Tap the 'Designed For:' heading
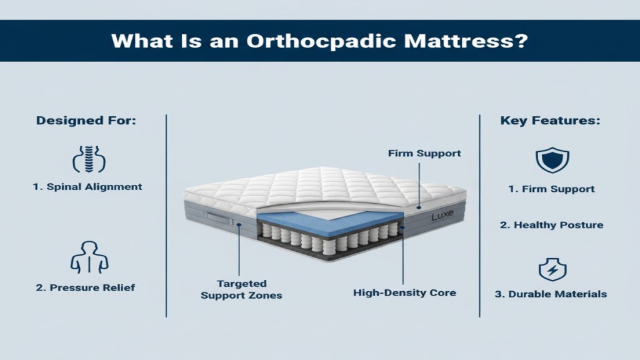(86, 121)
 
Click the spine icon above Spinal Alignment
(87, 159)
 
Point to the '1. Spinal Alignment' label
(87, 186)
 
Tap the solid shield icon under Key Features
(547, 160)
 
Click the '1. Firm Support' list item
(551, 189)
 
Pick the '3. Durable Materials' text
(551, 294)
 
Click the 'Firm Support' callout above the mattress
(424, 153)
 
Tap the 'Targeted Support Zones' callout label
(241, 289)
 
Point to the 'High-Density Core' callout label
(404, 292)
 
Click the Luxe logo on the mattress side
(443, 217)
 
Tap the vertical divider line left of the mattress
(166, 216)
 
